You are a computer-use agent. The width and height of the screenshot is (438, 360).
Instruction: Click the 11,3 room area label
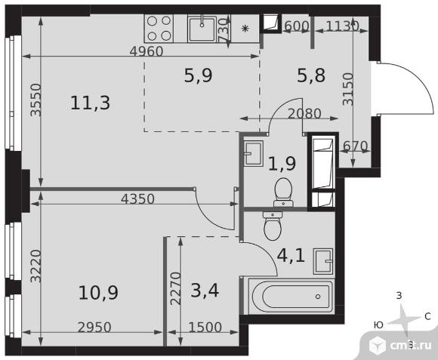90,103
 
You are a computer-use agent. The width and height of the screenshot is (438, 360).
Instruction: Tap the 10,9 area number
98,293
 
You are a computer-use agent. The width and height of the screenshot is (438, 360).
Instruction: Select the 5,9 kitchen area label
199,75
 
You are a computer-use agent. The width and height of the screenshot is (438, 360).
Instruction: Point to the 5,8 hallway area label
311,75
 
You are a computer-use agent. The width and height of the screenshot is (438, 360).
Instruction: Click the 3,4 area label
205,291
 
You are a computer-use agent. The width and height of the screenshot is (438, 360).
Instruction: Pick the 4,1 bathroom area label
291,256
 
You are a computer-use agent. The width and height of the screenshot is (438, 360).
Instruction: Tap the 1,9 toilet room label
282,163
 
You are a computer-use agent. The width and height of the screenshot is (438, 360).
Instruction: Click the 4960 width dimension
147,51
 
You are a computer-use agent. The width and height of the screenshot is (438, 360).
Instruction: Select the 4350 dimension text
137,199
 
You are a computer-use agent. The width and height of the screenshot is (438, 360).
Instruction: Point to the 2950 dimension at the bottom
94,328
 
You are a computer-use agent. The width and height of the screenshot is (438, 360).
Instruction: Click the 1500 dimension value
205,327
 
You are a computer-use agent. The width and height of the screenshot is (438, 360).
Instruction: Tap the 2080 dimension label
304,113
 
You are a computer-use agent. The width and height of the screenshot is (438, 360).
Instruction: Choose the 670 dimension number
356,146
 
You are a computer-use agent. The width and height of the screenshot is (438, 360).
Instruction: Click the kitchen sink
202,29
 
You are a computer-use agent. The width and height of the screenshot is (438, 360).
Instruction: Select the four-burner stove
159,28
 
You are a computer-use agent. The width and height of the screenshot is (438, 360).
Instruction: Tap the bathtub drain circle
318,297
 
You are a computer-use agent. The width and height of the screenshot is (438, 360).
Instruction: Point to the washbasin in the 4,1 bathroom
323,261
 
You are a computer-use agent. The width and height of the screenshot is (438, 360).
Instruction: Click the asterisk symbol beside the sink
245,29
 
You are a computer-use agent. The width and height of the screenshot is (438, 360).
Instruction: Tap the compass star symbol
403,319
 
